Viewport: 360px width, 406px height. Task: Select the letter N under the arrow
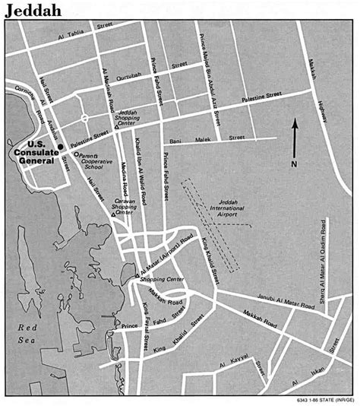(x=295, y=164)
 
